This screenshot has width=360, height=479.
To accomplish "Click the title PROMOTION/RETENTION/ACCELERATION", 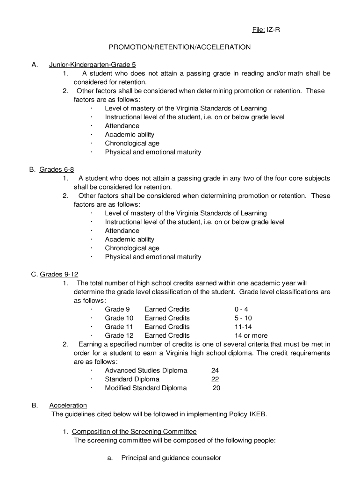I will [180, 47].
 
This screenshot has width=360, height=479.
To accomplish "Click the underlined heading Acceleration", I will [68, 405].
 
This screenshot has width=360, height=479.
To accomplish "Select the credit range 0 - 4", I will [241, 309].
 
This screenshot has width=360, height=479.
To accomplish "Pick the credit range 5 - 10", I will [243, 318].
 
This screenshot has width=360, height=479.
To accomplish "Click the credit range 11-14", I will [243, 327].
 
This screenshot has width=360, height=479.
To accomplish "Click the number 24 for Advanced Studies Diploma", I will [215, 370].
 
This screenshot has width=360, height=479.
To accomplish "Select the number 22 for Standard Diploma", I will [215, 379].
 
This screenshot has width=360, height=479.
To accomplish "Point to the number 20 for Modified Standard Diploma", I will [216, 388].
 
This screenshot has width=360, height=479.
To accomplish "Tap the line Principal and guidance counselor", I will [171, 458].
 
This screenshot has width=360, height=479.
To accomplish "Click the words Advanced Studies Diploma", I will [146, 370].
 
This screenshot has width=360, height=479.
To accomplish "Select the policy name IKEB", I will [257, 414].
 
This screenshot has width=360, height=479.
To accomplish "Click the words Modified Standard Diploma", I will [146, 388].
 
